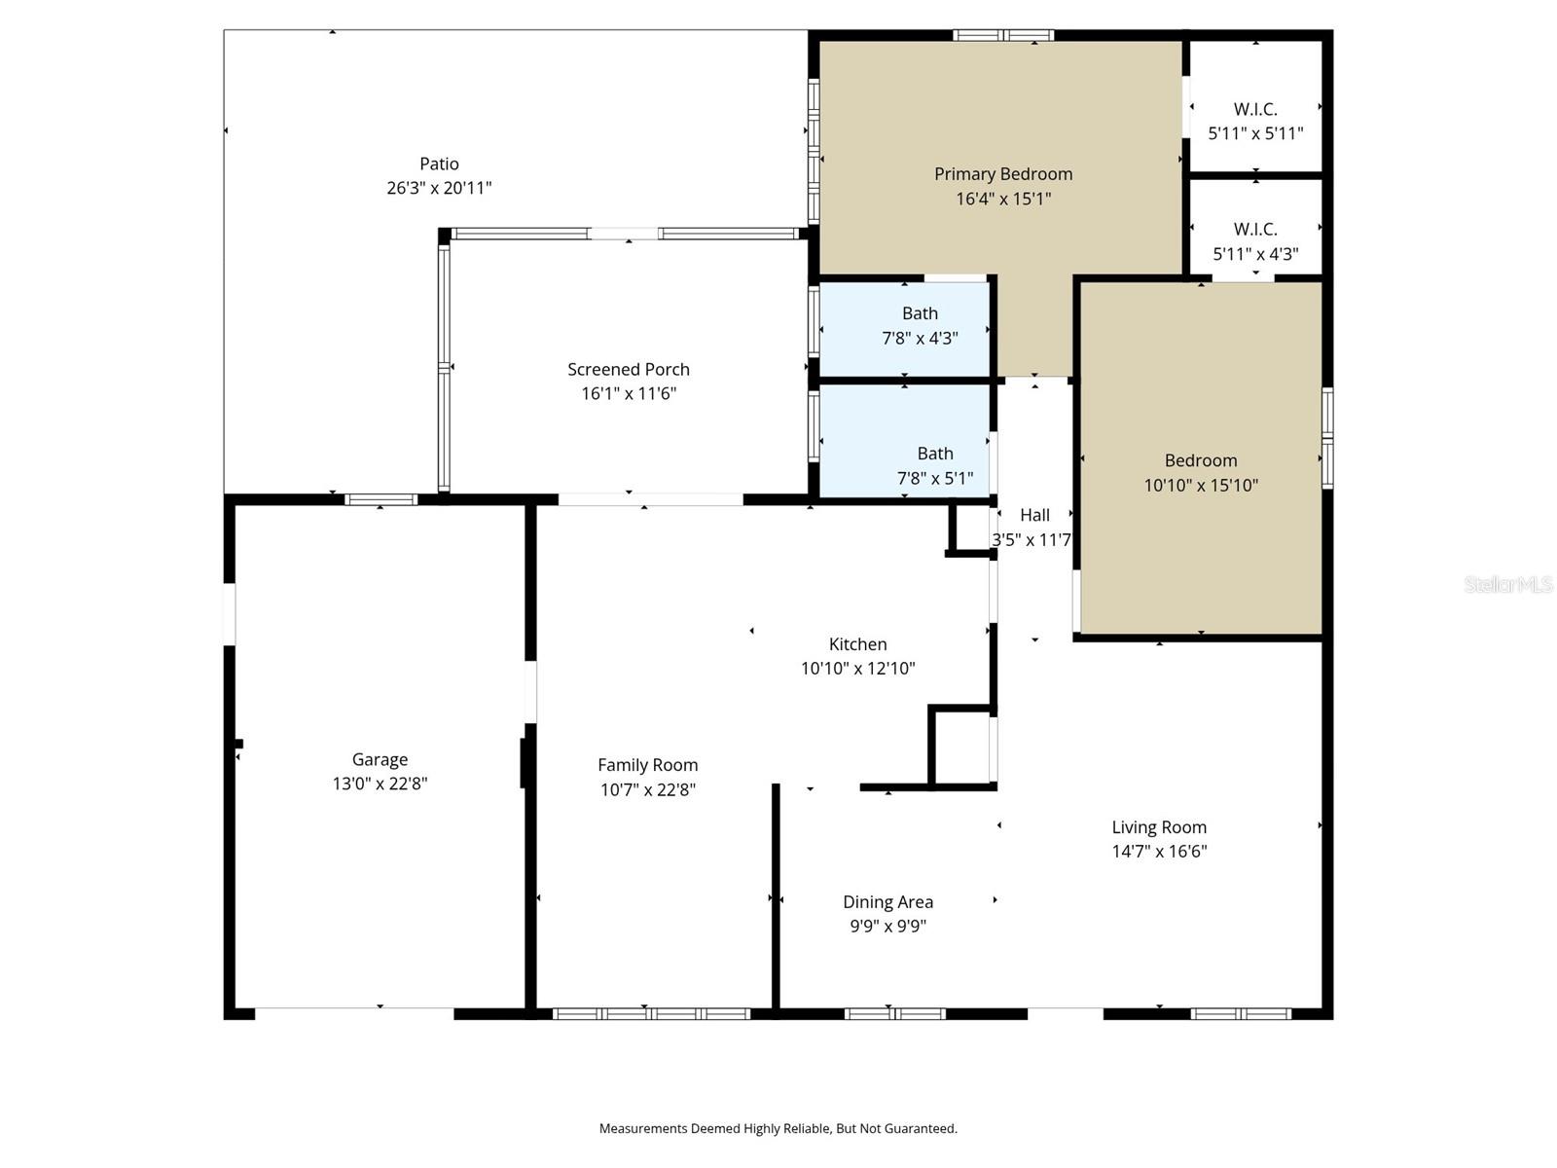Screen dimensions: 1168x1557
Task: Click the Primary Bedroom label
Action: [x=1003, y=174]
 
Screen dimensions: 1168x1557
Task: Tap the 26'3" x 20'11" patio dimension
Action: [x=439, y=188]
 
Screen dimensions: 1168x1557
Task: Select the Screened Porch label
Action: [x=629, y=369]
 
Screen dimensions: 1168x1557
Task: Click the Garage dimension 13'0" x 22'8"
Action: [x=380, y=784]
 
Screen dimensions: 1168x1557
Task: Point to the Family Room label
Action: [x=647, y=765]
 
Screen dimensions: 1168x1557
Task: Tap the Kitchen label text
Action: [x=857, y=644]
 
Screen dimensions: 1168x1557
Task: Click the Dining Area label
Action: [x=887, y=902]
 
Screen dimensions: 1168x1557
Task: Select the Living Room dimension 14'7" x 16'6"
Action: [x=1159, y=852]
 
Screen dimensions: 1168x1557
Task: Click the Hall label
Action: [x=1034, y=515]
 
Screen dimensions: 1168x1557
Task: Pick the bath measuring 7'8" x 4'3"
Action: [x=920, y=326]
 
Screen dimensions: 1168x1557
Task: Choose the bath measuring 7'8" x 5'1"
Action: [x=934, y=465]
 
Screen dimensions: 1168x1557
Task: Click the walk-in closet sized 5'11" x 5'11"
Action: [x=1255, y=121]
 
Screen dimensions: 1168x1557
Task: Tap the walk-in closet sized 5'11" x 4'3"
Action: [x=1255, y=241]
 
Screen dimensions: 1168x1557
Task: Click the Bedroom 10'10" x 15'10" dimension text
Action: [x=1201, y=485]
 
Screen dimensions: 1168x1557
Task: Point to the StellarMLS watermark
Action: [x=1507, y=584]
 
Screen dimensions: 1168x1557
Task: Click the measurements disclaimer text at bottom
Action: [x=778, y=1128]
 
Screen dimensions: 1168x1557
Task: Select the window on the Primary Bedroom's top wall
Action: [x=1003, y=36]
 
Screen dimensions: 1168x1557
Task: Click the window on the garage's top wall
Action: [x=380, y=499]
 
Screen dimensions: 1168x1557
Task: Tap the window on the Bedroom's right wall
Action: [x=1326, y=438]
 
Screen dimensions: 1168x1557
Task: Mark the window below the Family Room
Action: [x=651, y=1013]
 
